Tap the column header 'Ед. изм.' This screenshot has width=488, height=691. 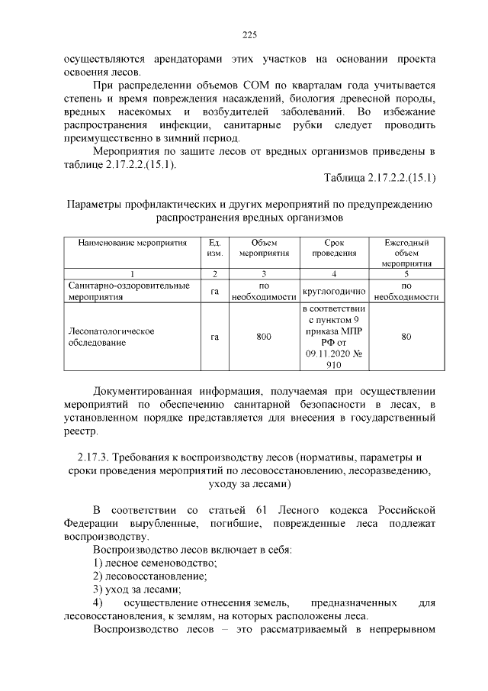215,247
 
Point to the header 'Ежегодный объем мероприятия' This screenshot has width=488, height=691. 406,253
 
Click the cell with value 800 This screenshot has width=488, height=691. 264,337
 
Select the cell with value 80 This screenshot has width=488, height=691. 406,337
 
